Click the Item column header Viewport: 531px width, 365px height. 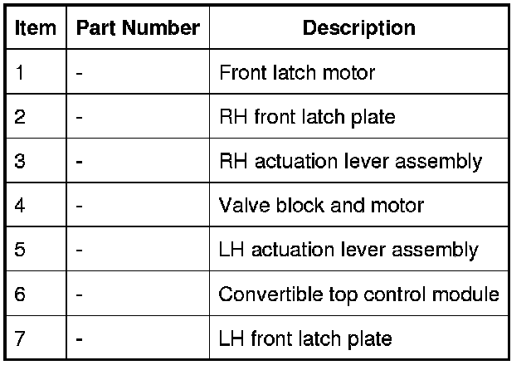(36, 28)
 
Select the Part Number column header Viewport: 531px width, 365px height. (138, 28)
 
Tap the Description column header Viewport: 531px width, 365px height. (358, 28)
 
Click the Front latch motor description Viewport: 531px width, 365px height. (297, 73)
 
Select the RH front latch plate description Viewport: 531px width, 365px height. (307, 117)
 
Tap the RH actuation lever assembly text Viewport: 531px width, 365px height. (350, 161)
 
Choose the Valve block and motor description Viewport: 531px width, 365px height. (321, 206)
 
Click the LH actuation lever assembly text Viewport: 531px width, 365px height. (348, 250)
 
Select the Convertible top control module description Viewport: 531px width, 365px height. (358, 294)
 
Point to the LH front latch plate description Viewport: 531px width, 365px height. (305, 338)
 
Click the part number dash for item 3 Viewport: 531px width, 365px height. (79, 162)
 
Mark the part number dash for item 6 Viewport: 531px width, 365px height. (79, 294)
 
